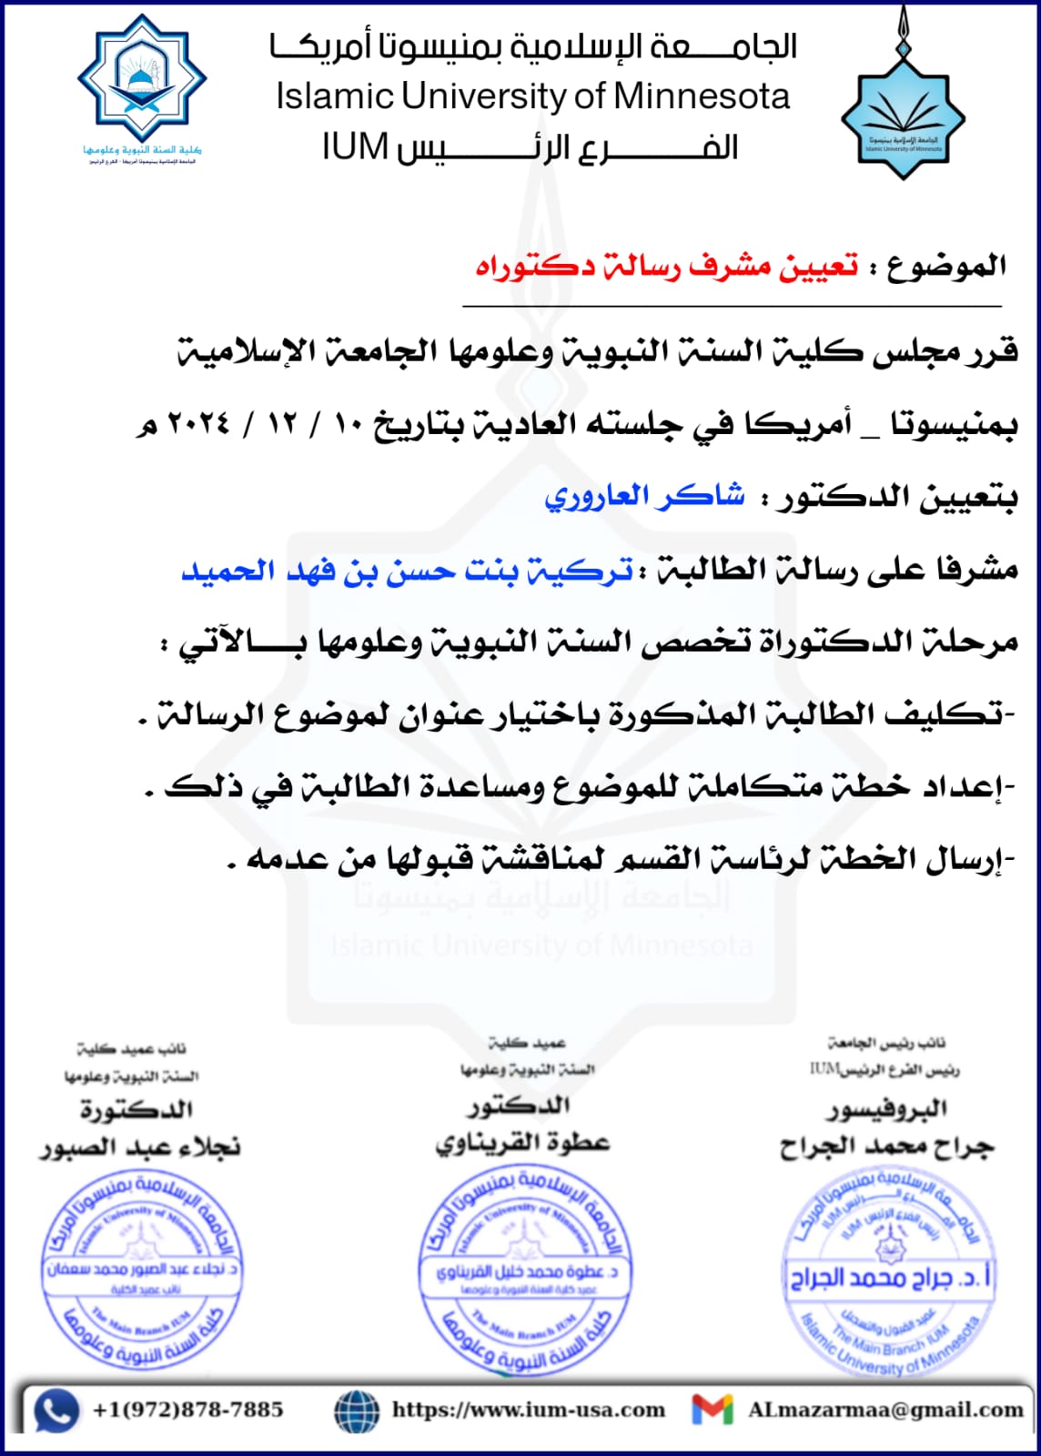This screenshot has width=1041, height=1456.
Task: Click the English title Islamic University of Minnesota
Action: point(533,96)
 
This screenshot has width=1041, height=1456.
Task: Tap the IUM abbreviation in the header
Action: point(355,147)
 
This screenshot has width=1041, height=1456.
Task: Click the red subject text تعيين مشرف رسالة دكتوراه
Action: point(666,267)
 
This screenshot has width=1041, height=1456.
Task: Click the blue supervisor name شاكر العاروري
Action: point(644,497)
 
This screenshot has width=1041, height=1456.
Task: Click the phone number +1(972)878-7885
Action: point(187,1410)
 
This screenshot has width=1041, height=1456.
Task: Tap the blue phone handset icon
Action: point(56,1411)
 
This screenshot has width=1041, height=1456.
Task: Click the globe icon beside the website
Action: point(357,1411)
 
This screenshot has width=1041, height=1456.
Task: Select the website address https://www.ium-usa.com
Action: point(529,1410)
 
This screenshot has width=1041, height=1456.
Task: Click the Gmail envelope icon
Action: point(713,1410)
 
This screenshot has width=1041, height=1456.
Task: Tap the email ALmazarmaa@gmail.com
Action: point(885,1410)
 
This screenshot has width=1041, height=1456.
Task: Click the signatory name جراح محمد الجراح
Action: point(886,1148)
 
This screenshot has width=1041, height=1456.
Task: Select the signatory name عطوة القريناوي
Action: point(522,1143)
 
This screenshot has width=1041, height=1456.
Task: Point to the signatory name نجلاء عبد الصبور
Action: point(140,1148)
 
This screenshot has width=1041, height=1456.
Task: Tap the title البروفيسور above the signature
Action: point(887,1109)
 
